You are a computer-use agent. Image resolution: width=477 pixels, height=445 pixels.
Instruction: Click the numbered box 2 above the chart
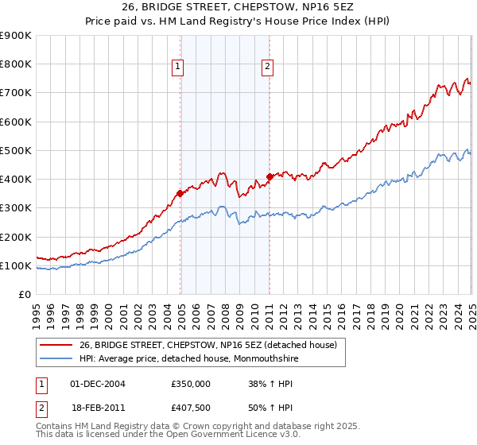click(x=267, y=68)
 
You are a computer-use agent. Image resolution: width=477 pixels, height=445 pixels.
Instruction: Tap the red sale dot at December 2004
click(x=180, y=192)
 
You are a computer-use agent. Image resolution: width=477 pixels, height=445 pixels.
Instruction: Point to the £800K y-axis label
click(x=16, y=64)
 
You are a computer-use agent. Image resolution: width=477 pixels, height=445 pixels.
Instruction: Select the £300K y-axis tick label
click(x=16, y=208)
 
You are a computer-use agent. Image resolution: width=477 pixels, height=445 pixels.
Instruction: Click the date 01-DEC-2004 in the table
click(x=98, y=383)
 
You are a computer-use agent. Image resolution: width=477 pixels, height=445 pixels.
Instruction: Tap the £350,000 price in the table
click(x=191, y=383)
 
